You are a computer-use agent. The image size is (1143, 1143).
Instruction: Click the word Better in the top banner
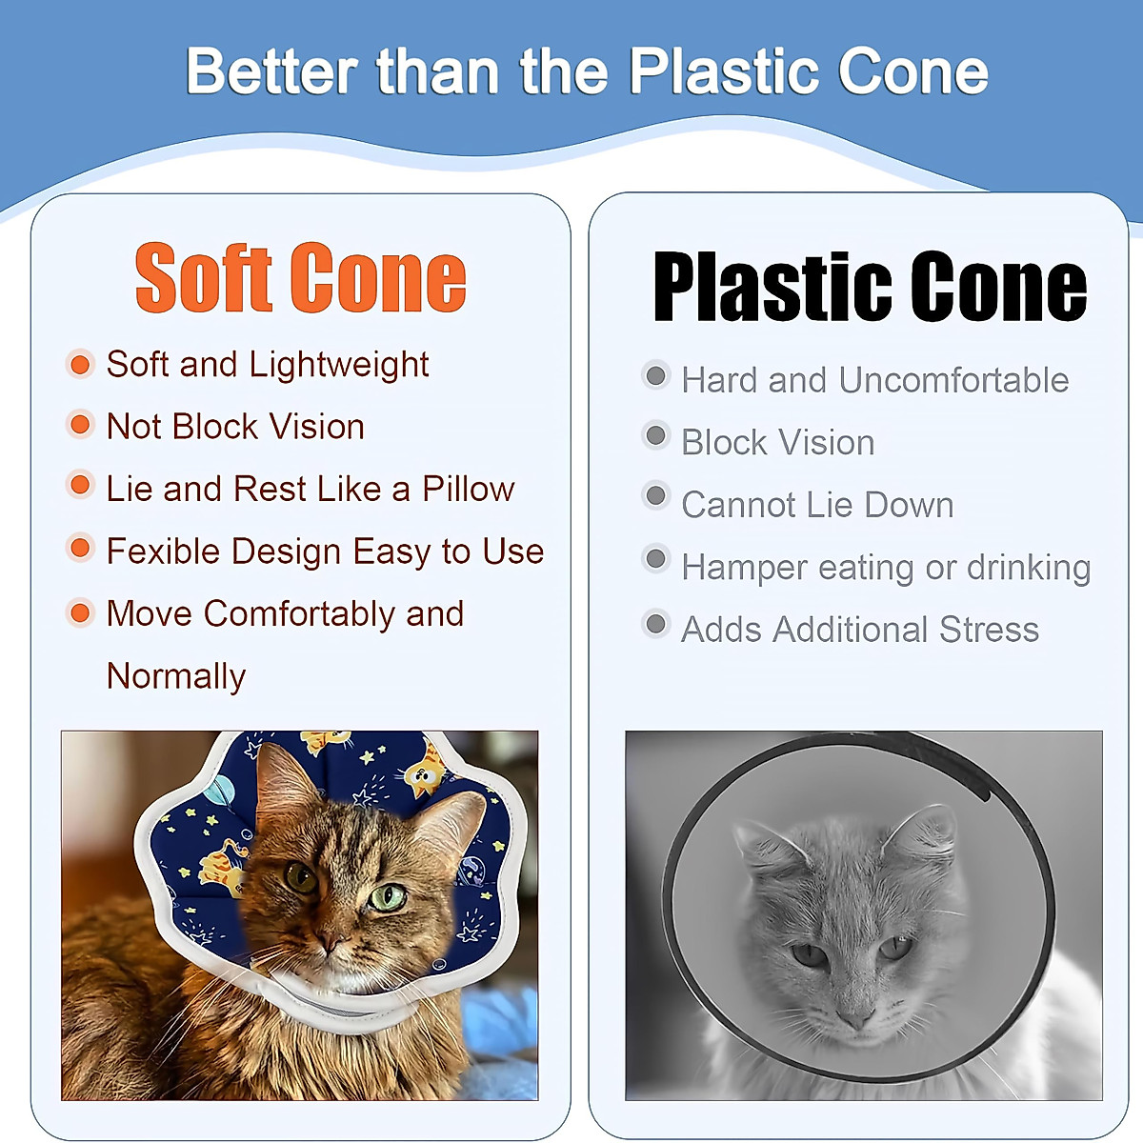click(x=272, y=71)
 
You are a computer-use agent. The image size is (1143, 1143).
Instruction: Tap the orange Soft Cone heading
click(x=301, y=277)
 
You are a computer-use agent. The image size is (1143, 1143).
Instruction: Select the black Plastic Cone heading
click(x=871, y=286)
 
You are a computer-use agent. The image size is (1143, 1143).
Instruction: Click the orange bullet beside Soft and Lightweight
click(x=80, y=364)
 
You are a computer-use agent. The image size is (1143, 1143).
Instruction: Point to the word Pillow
click(x=468, y=489)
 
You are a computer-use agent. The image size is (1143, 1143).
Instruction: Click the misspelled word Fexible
click(x=164, y=551)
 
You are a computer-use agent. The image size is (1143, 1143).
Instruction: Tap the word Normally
click(x=176, y=676)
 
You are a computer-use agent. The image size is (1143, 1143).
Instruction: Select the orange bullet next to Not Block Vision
click(x=80, y=424)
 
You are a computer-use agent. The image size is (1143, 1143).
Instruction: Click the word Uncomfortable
click(x=953, y=380)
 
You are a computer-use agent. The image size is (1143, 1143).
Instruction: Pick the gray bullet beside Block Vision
click(x=656, y=436)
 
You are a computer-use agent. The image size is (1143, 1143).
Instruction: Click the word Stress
click(x=989, y=630)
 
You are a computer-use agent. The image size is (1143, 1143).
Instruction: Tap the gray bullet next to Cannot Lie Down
click(x=656, y=496)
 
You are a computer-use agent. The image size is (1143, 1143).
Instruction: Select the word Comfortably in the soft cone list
click(x=299, y=614)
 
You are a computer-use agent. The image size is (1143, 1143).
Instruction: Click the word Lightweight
click(x=339, y=364)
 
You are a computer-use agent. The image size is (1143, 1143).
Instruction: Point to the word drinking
click(x=1029, y=568)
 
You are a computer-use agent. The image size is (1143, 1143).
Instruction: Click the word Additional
click(x=850, y=630)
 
